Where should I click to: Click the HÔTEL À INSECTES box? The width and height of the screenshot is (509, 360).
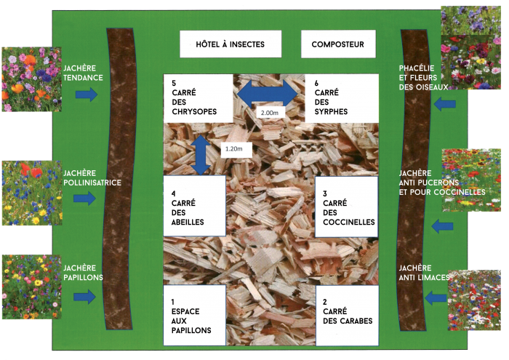click(x=231, y=44)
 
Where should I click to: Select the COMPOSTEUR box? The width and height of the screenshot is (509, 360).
click(x=338, y=44)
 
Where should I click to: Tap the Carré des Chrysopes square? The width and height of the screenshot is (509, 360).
click(x=199, y=98)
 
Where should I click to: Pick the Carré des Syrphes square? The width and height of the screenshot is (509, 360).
click(x=342, y=98)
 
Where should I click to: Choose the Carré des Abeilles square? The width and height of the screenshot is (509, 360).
click(x=194, y=206)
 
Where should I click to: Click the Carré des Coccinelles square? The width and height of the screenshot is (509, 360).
click(x=347, y=207)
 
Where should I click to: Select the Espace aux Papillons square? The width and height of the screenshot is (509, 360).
click(x=194, y=315)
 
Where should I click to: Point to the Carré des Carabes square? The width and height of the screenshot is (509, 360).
click(x=348, y=316)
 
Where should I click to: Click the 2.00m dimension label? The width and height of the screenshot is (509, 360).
click(x=270, y=113)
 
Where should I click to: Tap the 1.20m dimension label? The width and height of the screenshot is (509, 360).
click(x=236, y=148)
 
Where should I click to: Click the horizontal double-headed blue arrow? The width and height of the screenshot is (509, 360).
click(x=268, y=94)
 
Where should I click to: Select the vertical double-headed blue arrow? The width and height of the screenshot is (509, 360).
click(x=201, y=155)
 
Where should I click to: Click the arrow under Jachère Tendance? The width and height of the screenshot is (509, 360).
click(x=87, y=95)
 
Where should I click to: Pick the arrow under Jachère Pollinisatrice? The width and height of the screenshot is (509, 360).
click(x=84, y=198)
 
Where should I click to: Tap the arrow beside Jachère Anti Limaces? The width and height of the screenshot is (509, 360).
click(x=436, y=297)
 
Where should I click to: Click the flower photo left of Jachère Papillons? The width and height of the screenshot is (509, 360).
click(x=32, y=287)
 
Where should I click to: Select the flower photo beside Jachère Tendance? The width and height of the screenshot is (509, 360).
click(x=32, y=79)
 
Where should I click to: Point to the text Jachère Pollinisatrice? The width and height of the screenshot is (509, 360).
click(x=92, y=178)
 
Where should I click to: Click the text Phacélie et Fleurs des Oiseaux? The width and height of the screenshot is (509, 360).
click(x=423, y=78)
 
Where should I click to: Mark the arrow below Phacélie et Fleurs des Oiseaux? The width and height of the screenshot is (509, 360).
click(x=445, y=104)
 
